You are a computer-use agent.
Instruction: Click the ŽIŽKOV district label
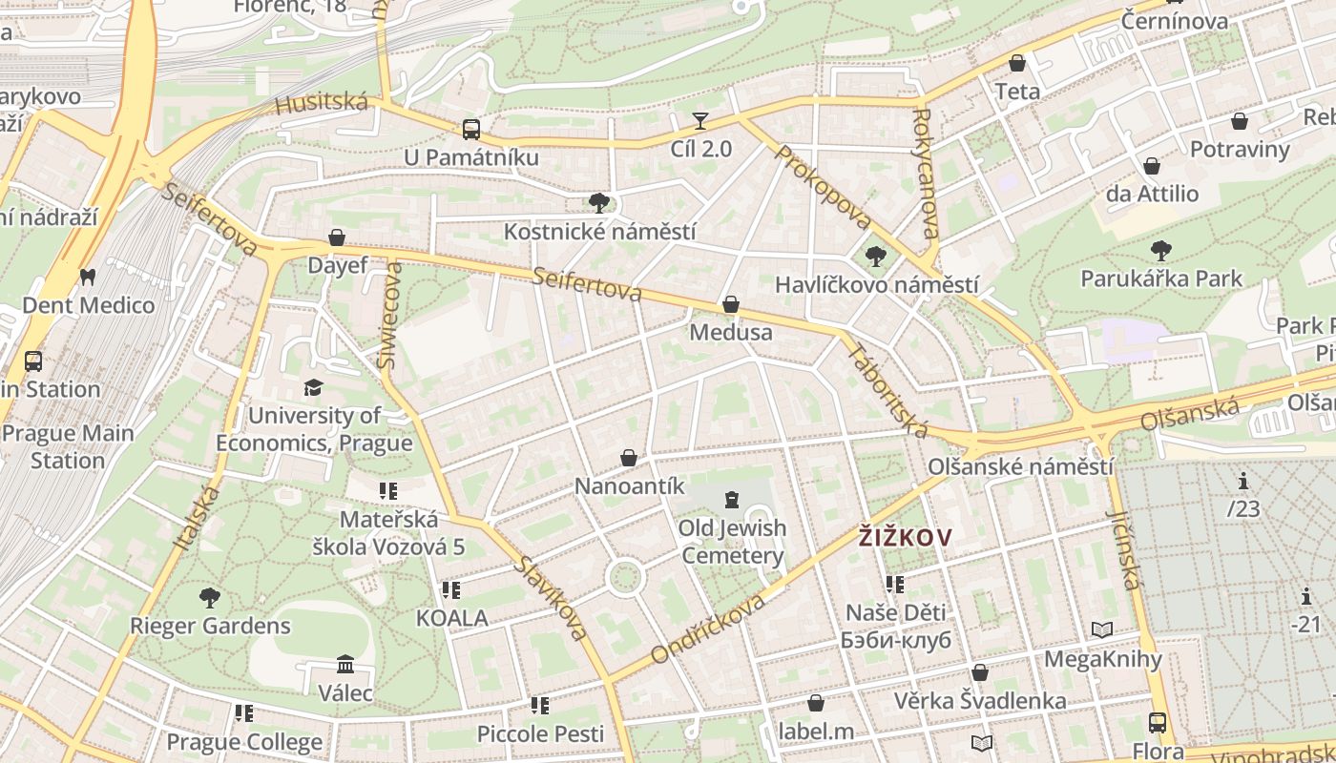coord(905,538)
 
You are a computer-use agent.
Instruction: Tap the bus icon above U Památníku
coord(470,129)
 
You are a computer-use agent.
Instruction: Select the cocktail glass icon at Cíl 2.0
coord(700,120)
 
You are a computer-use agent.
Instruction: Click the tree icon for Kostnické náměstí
coord(599,202)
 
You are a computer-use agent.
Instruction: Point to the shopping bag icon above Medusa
coord(731,304)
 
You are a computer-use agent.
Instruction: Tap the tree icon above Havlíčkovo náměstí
coord(875,256)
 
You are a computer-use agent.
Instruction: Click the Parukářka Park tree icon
coord(1160,251)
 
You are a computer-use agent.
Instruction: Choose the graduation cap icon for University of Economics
coord(313,387)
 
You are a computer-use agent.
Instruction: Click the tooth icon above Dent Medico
coord(88,277)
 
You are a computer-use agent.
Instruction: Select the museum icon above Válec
coord(345,664)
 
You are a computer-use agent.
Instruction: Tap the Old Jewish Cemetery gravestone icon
coord(732,499)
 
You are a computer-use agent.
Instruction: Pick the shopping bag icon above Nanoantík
coord(629,458)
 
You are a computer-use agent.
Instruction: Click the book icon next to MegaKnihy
coord(1102,629)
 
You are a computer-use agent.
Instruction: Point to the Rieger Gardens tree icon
coord(210,598)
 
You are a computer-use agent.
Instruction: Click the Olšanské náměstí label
coord(1020,467)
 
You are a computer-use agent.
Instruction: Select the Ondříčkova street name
coord(708,629)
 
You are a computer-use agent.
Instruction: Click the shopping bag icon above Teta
coord(1017,63)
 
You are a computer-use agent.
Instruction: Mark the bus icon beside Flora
coord(1158,722)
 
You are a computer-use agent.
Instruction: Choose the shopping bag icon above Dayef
coord(337,237)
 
